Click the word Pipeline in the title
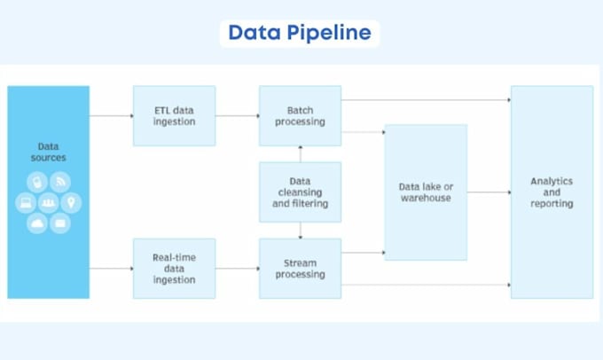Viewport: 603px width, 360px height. pos(329,33)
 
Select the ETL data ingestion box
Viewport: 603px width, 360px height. pos(174,116)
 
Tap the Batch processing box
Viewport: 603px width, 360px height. pos(300,116)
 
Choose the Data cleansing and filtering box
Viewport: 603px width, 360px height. pos(300,192)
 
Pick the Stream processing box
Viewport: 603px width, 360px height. pos(300,269)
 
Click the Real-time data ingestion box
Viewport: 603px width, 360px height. pos(174,269)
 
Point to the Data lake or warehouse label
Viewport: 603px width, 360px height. pos(426,192)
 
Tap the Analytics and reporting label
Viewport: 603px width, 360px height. pos(552,192)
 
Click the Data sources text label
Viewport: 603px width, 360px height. pos(49,152)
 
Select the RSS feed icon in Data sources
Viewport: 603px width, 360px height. pos(60,182)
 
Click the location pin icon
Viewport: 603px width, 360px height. pos(71,202)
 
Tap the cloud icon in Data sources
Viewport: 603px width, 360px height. pos(37,223)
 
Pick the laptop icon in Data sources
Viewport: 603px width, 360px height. pos(26,202)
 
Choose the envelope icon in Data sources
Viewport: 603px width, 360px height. pos(60,223)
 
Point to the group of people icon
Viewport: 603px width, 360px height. pos(49,202)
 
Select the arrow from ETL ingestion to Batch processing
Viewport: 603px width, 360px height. pos(238,116)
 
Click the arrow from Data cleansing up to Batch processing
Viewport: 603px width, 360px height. pos(301,154)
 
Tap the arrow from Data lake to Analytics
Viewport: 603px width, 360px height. pos(489,192)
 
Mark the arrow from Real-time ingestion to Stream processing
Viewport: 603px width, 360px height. pos(238,269)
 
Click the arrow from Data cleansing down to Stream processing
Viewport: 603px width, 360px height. pos(301,231)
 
